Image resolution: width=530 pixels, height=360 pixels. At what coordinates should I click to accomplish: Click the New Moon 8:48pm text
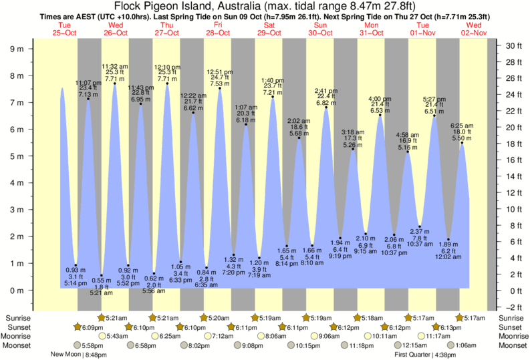pos(78,355)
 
